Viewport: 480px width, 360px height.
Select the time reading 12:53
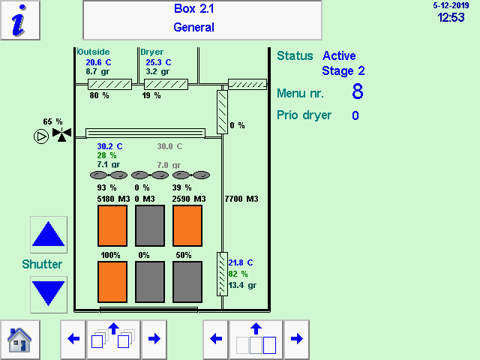tap(451, 18)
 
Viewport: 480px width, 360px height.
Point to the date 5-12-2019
tap(449, 5)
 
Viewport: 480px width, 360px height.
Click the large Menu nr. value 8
tap(358, 92)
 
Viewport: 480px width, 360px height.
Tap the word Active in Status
tap(339, 55)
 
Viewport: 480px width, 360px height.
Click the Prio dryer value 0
tap(355, 115)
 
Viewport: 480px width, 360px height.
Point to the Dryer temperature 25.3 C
tap(158, 62)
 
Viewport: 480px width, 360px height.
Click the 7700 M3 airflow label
tap(241, 199)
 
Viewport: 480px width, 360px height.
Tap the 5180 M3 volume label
tap(114, 199)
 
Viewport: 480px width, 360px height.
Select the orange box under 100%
tap(112, 281)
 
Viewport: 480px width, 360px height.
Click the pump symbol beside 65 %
tap(40, 136)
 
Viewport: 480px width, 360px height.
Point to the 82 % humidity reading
tap(238, 274)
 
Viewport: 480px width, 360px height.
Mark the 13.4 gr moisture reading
tap(241, 285)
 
